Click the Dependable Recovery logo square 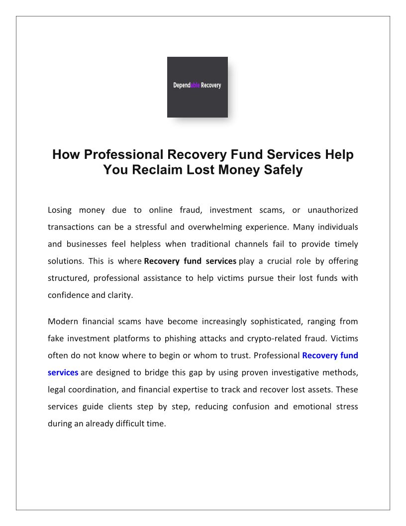(x=197, y=87)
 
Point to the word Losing (x=60, y=210)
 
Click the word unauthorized (x=332, y=210)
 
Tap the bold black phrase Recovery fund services (x=190, y=261)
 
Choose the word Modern (x=62, y=321)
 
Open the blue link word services (x=63, y=373)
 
